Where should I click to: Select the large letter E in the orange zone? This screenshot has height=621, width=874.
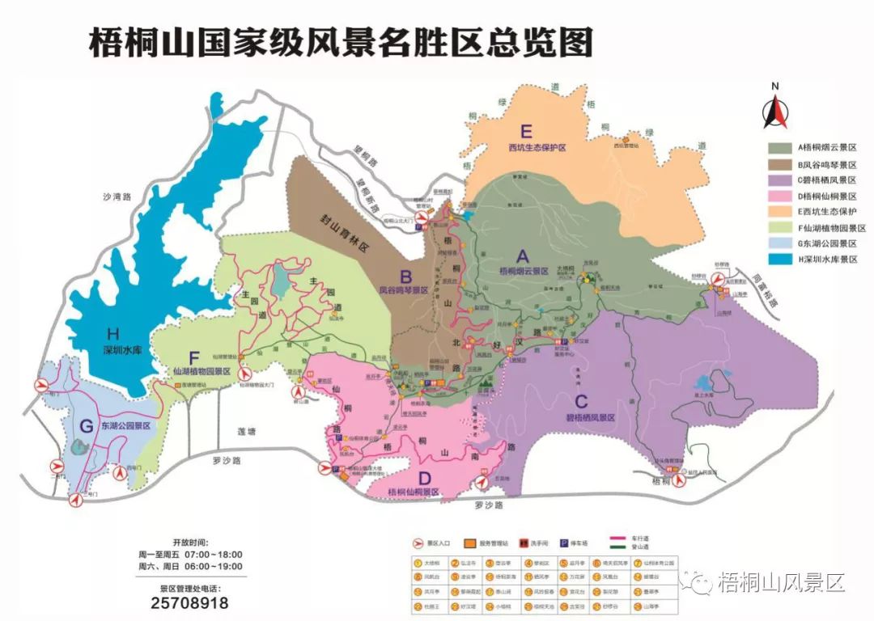coord(527,132)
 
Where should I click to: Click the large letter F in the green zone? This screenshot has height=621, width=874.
coord(193,356)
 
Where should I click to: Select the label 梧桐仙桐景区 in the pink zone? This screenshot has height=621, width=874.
coord(413,492)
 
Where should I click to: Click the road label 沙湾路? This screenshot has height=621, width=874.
coord(117,196)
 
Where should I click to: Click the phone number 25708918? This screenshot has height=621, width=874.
coord(190,603)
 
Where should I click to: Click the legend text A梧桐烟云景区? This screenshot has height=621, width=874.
coord(827,148)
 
